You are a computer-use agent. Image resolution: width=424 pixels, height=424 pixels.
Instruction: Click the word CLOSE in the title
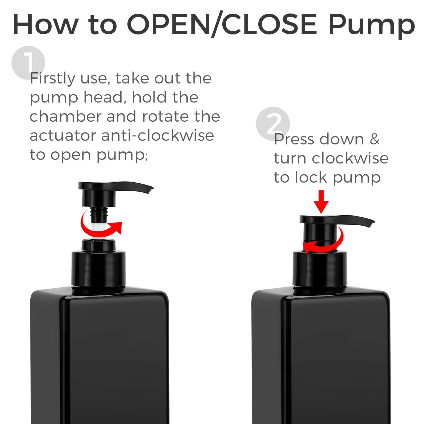pyautogui.click(x=269, y=24)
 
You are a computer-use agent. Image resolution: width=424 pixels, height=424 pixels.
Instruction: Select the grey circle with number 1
pyautogui.click(x=28, y=62)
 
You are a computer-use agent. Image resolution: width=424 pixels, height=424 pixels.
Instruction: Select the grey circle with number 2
pyautogui.click(x=273, y=123)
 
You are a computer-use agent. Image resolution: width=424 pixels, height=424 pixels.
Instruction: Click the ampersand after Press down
pyautogui.click(x=374, y=139)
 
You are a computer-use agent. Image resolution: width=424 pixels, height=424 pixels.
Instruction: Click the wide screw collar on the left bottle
pyautogui.click(x=99, y=269)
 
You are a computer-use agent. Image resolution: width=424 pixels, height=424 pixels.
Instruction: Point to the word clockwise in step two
pyautogui.click(x=350, y=158)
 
